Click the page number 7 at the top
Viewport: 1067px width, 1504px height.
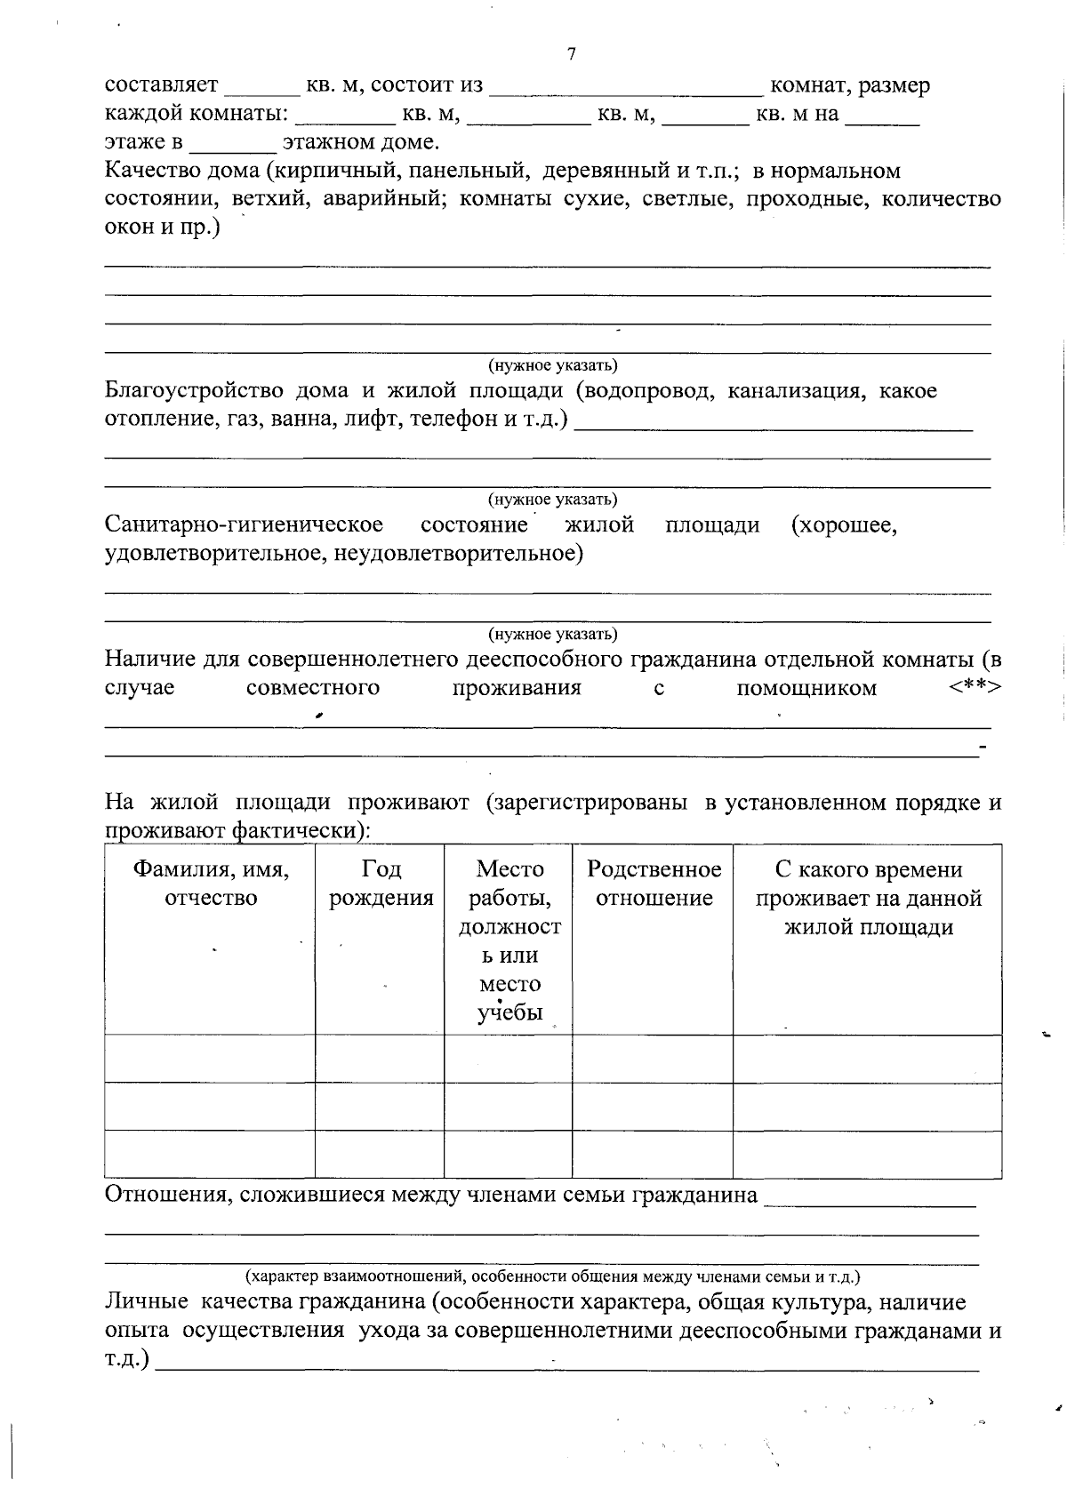571,55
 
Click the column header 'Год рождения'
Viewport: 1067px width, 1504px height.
381,883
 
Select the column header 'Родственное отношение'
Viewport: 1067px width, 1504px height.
654,883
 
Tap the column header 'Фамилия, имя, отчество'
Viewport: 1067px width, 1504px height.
211,883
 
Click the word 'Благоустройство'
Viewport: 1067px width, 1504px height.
194,390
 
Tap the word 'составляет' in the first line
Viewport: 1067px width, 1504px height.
161,85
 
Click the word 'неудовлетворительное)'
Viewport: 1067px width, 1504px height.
459,554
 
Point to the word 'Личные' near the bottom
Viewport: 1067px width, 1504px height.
146,1302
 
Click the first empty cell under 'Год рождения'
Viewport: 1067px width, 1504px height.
380,1059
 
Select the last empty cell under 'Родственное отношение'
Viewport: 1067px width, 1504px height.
653,1155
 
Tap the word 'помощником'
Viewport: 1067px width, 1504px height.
806,688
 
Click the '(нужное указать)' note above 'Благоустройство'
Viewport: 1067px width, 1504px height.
552,365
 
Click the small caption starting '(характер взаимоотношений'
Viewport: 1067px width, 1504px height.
553,1276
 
